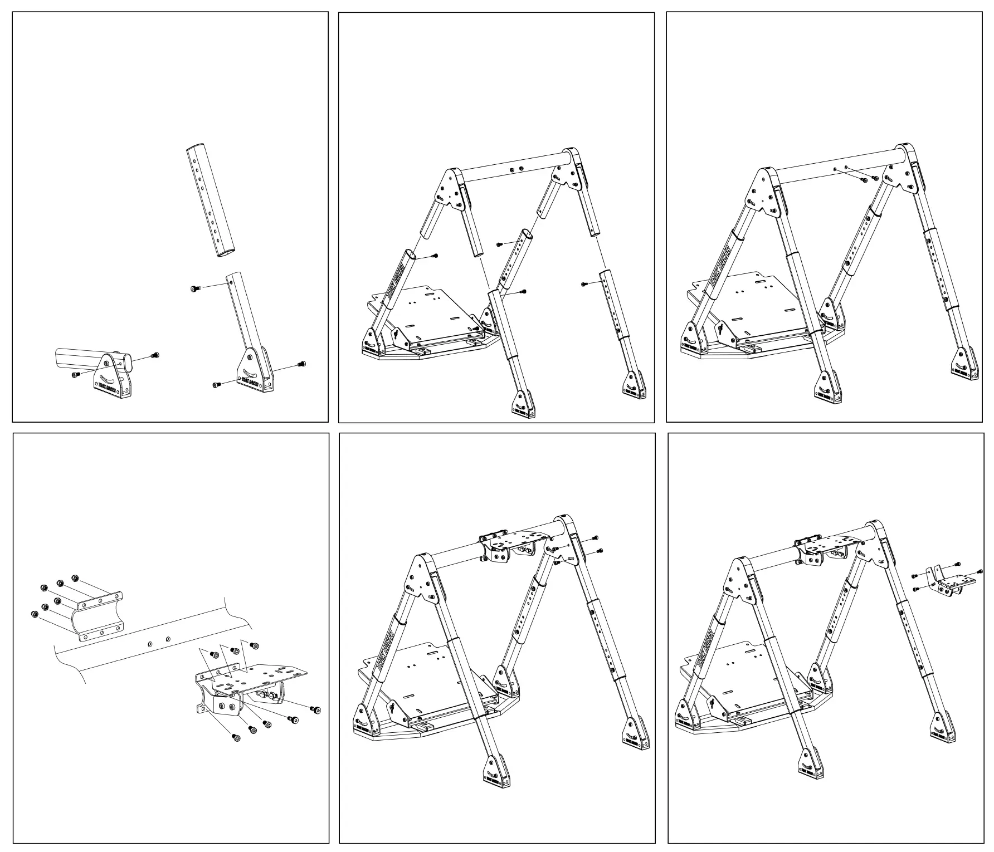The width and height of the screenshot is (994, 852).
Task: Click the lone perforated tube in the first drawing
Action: coord(209,200)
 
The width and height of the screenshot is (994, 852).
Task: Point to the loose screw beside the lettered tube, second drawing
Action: coord(435,256)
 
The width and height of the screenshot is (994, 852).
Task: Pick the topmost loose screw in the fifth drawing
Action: coord(596,537)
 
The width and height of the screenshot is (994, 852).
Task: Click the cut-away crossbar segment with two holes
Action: coord(150,640)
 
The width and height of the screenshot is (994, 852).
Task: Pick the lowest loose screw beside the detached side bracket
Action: coord(915,589)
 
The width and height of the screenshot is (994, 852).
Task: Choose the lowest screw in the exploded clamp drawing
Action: coord(236,737)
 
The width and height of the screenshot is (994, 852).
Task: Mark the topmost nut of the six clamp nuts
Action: coord(75,579)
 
